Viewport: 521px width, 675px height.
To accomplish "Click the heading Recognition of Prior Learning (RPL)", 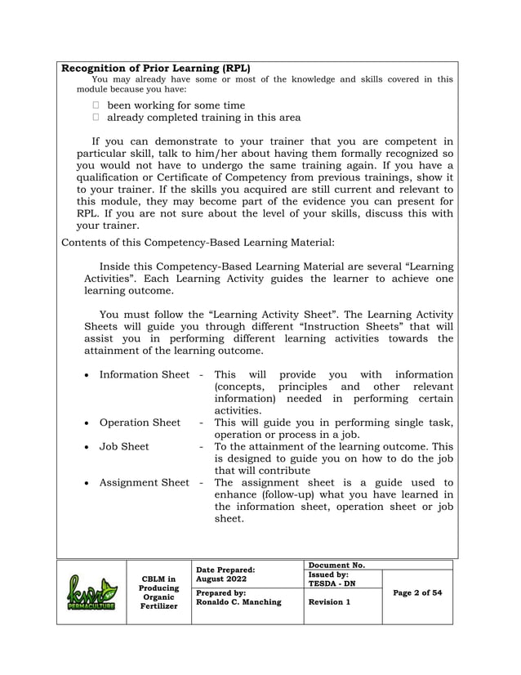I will click(x=156, y=68).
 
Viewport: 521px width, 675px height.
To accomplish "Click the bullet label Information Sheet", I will click(x=144, y=374).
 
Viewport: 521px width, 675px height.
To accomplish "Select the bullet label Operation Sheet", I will click(x=140, y=422).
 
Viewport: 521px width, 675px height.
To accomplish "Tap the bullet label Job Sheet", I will click(x=124, y=446).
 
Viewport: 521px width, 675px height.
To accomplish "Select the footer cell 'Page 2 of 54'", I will click(x=416, y=592).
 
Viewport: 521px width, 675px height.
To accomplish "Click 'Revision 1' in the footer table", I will click(x=329, y=601).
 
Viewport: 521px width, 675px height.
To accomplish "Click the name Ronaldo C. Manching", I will click(x=239, y=601).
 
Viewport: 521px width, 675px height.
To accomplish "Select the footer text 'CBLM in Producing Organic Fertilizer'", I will click(x=158, y=593).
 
